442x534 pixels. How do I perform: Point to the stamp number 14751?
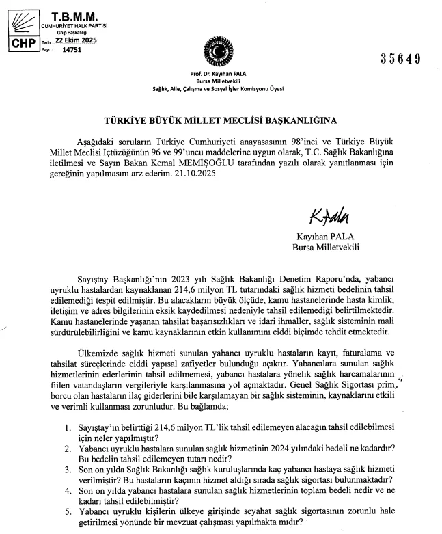point(71,50)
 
